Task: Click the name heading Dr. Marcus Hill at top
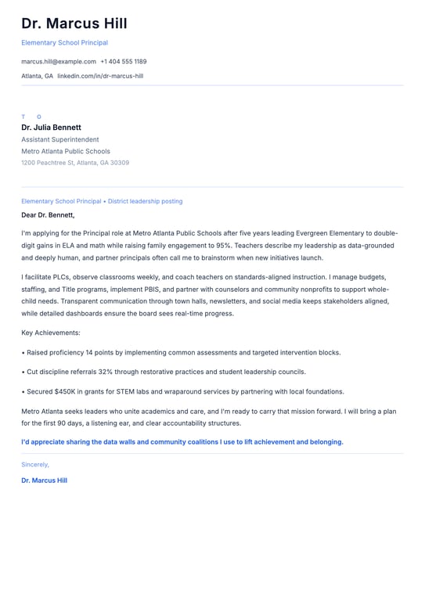(x=74, y=23)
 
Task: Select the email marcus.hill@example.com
(x=59, y=61)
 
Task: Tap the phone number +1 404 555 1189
(x=123, y=61)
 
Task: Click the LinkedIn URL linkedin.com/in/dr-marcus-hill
(x=100, y=76)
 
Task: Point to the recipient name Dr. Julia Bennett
(x=51, y=127)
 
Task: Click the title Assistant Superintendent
(x=60, y=139)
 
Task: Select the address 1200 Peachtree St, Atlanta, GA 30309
(x=75, y=163)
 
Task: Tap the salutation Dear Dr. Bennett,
(x=48, y=214)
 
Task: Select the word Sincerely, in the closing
(x=35, y=464)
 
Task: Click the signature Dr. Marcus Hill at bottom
(x=44, y=480)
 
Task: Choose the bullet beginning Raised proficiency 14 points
(x=181, y=352)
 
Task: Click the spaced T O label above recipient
(x=31, y=117)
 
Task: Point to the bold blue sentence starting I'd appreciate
(x=182, y=441)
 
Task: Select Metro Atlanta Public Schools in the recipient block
(x=66, y=151)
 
